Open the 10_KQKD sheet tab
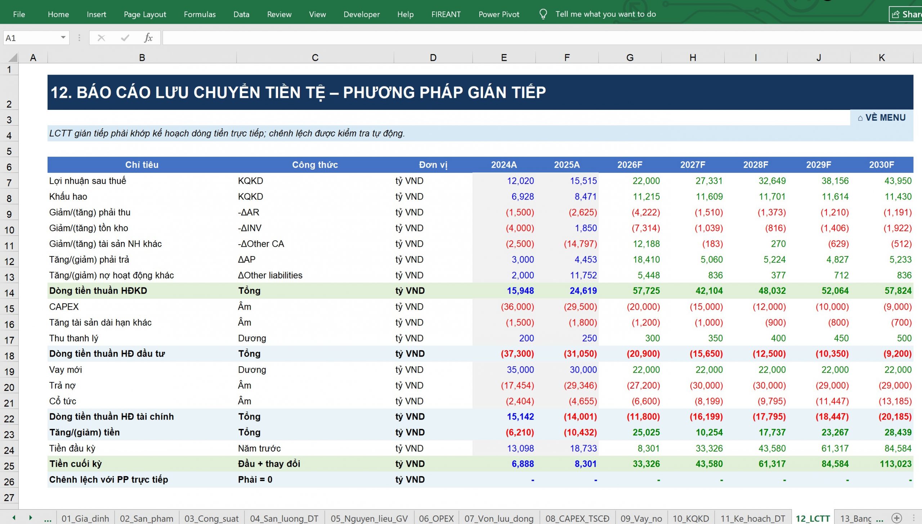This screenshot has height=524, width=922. [691, 518]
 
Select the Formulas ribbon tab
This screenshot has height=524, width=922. [200, 14]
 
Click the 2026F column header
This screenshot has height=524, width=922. [630, 165]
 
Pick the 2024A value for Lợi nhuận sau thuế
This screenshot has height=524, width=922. [520, 181]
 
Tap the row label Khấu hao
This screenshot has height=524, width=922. [68, 197]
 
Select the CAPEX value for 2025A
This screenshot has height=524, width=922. [580, 307]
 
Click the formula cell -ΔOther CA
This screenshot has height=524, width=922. [261, 244]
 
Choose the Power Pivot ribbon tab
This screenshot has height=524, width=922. [499, 14]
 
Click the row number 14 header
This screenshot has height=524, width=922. [9, 293]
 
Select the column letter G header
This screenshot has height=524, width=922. [630, 58]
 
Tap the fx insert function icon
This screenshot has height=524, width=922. [148, 38]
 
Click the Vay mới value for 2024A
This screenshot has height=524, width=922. [520, 370]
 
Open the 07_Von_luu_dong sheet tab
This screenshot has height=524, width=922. [499, 518]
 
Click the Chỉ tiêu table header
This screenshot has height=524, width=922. [142, 165]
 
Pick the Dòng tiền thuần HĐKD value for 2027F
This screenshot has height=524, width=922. [709, 291]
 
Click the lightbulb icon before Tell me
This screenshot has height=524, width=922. [543, 14]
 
